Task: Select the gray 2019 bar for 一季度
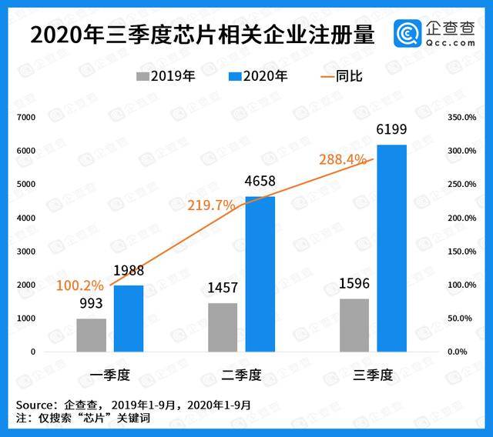pyautogui.click(x=91, y=335)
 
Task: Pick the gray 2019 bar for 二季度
pyautogui.click(x=223, y=327)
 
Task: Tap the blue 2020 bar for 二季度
pyautogui.click(x=260, y=273)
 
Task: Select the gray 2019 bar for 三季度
pyautogui.click(x=354, y=325)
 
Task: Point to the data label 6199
pyautogui.click(x=391, y=129)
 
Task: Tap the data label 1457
pyautogui.click(x=223, y=289)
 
